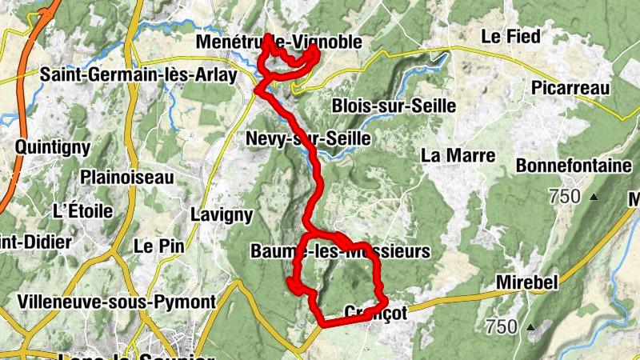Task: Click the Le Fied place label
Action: pos(510,36)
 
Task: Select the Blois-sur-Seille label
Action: pos(394,106)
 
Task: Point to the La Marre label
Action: pos(458,155)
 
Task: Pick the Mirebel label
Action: pos(525,282)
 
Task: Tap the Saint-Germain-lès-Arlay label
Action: pos(138,76)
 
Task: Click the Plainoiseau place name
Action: pos(127,177)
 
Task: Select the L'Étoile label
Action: pos(83,212)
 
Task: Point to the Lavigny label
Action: pos(222,214)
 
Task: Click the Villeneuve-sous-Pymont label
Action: pos(116,302)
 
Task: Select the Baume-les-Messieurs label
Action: pos(340,251)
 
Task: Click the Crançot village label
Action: pos(375,313)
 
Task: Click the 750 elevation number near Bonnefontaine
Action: pos(566,196)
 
